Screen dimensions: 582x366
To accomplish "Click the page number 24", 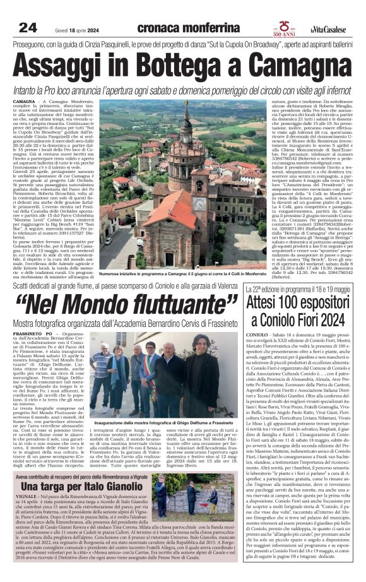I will [x=28, y=27].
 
